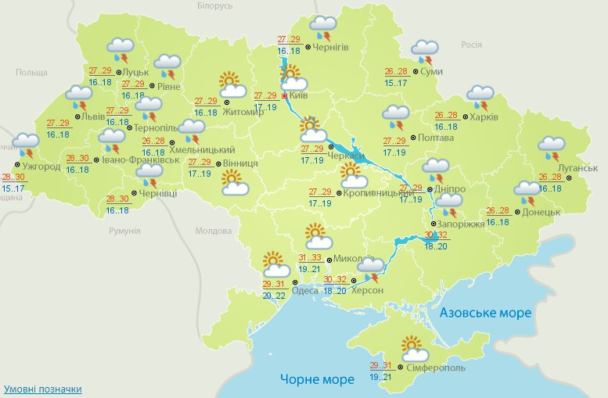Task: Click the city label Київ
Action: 298,95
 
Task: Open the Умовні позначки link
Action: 43,389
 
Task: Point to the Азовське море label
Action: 485,313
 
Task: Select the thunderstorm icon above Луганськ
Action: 552,146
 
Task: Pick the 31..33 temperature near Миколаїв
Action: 311,258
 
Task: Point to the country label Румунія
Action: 124,231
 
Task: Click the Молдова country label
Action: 213,232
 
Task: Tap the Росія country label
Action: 470,45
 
